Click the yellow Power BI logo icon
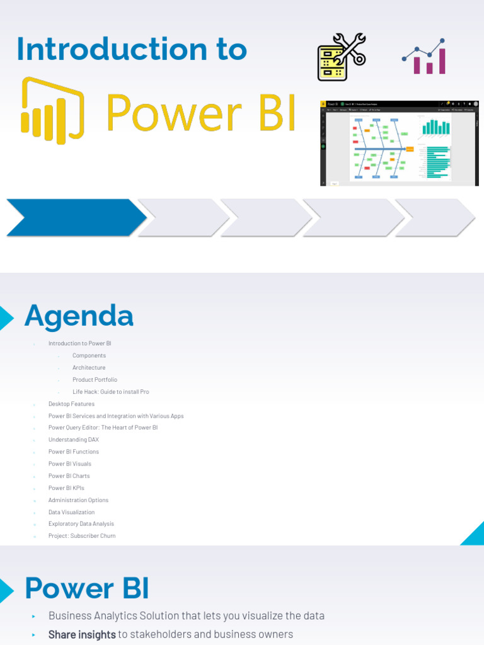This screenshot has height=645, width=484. click(x=52, y=111)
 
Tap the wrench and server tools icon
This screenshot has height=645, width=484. click(x=341, y=57)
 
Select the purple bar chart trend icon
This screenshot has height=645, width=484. click(x=425, y=58)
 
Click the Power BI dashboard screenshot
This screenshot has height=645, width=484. click(x=400, y=142)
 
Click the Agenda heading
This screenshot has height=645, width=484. click(x=79, y=316)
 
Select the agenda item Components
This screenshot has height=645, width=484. click(x=89, y=356)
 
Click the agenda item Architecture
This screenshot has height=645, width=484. click(x=89, y=368)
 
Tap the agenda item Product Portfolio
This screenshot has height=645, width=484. click(x=95, y=380)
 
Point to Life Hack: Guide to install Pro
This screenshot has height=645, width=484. click(x=110, y=392)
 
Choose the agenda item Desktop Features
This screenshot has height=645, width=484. click(x=71, y=404)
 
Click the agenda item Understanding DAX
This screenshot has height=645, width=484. click(x=74, y=440)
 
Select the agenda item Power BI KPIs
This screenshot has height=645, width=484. click(x=66, y=488)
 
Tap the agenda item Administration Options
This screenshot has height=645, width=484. click(x=78, y=500)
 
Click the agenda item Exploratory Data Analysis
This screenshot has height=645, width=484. click(x=81, y=524)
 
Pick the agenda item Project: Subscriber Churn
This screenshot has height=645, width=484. click(x=82, y=536)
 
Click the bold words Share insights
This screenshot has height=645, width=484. click(x=82, y=634)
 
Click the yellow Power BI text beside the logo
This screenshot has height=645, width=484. click(x=200, y=113)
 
